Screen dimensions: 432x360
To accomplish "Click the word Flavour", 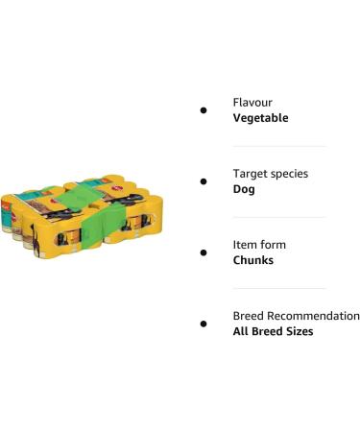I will tap(252, 102).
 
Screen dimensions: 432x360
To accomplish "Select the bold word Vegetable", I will tap(260, 118).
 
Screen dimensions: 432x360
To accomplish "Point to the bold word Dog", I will tap(244, 189).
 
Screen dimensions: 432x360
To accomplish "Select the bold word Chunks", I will tap(253, 260).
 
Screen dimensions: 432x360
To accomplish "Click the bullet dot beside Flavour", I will tap(204, 110).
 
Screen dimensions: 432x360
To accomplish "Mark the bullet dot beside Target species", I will tap(204, 181).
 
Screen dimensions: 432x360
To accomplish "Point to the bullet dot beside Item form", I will tap(204, 252).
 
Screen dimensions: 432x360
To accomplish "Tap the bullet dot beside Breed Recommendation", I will tap(204, 324).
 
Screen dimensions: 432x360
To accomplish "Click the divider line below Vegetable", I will tap(278, 146).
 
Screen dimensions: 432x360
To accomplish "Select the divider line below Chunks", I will tap(278, 288).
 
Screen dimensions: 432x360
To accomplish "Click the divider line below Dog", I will tap(278, 217).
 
